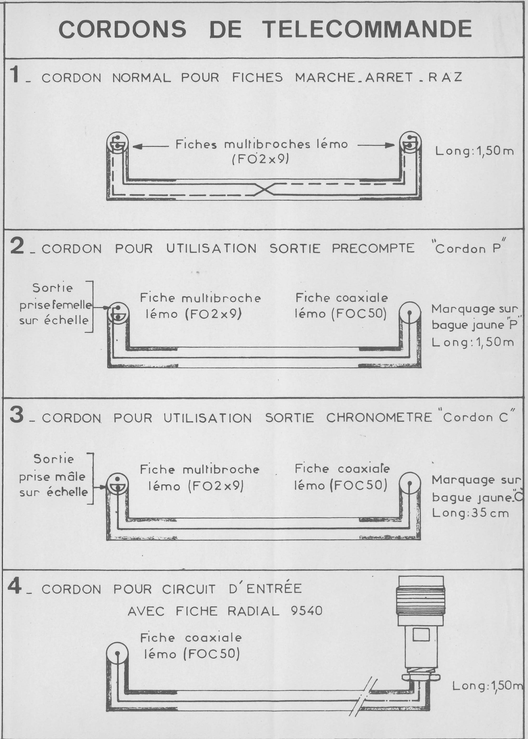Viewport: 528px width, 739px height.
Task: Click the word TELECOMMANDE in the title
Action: point(367,29)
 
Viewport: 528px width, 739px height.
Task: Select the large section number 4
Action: point(15,587)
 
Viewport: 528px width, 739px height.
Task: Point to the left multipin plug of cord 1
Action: point(117,142)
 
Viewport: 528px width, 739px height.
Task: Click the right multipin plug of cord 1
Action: point(410,142)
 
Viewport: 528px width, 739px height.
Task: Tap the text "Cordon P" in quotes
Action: point(467,249)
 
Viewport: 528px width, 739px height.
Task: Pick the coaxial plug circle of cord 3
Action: point(410,483)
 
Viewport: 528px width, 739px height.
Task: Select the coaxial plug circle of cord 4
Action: point(117,652)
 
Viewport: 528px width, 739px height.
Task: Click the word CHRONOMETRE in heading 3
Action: point(379,418)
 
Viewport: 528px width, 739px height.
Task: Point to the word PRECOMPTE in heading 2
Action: point(373,248)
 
